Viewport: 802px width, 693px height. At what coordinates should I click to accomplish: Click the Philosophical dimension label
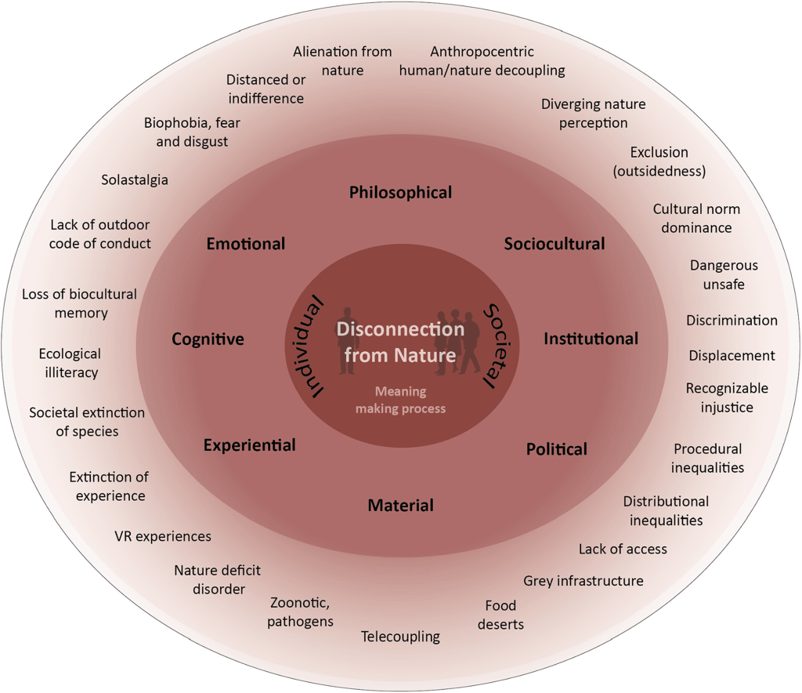click(x=400, y=192)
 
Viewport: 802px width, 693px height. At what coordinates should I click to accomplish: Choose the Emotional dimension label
click(x=245, y=244)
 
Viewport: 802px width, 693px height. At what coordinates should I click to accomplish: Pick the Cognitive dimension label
click(x=208, y=339)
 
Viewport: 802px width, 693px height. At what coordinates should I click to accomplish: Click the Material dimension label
click(x=400, y=506)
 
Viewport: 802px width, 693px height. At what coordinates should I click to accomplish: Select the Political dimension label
click(x=556, y=449)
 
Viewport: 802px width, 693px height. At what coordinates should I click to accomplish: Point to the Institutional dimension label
click(x=591, y=339)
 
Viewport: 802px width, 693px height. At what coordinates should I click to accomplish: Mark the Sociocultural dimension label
click(x=555, y=244)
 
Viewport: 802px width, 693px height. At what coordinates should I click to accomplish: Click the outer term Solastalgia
click(x=135, y=180)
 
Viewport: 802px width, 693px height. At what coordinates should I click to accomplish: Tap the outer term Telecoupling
click(x=400, y=637)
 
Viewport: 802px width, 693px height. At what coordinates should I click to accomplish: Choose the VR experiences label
click(x=163, y=536)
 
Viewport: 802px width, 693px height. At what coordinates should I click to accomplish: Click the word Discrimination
click(x=732, y=320)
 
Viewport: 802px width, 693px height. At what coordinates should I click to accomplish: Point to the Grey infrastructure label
click(x=583, y=581)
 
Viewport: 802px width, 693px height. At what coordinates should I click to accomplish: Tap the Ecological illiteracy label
click(x=71, y=363)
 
